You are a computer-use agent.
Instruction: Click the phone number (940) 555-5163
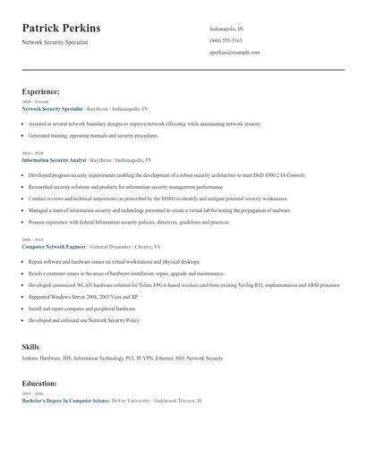tap(225, 41)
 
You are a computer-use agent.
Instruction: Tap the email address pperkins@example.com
tap(235, 53)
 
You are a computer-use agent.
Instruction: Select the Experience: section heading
tap(41, 91)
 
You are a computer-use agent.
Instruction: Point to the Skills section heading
tap(30, 345)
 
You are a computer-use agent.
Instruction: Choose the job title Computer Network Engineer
tap(54, 245)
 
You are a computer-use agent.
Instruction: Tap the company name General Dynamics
tap(114, 245)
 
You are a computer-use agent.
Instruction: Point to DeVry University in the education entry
tap(133, 401)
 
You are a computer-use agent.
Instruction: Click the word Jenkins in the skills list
tap(31, 358)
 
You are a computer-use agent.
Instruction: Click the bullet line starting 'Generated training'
tap(93, 135)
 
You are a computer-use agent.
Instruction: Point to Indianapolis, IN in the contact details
tap(226, 30)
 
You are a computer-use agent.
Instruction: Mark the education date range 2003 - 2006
tap(31, 394)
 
